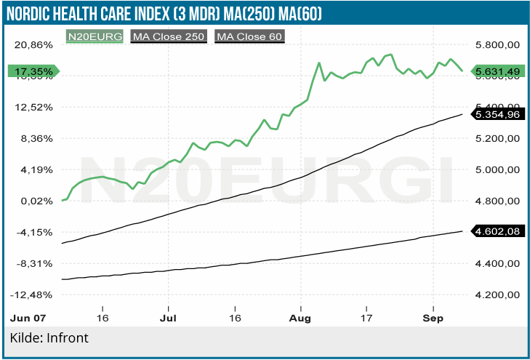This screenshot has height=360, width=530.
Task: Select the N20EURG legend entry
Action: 95,35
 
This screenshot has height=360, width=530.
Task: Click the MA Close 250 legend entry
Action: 169,35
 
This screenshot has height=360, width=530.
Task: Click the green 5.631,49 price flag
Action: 497,71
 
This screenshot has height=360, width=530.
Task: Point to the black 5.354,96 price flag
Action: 497,114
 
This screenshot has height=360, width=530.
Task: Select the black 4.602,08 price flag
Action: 497,231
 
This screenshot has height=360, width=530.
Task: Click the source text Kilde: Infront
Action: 49,338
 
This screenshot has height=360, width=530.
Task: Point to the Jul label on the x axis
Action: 168,319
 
